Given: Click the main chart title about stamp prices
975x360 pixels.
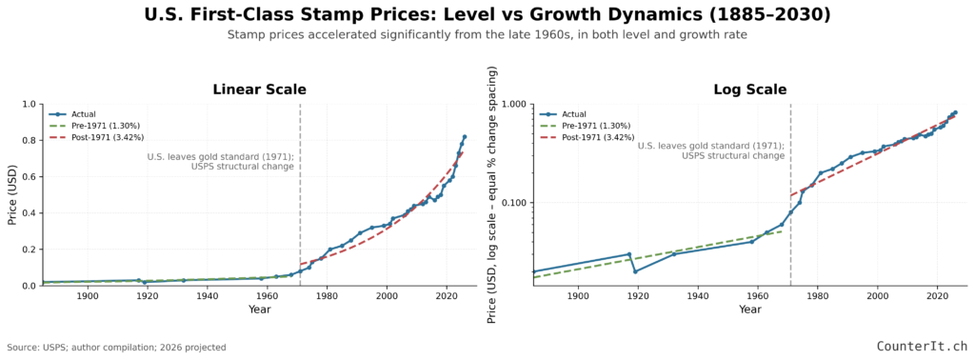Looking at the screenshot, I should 487,15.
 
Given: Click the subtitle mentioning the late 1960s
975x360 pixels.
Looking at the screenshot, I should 487,35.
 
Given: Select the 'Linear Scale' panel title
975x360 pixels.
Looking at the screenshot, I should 259,90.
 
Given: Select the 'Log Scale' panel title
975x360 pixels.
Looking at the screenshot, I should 749,90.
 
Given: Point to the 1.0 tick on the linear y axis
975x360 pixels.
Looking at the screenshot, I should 29,105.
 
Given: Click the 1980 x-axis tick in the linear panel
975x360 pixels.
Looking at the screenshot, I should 327,296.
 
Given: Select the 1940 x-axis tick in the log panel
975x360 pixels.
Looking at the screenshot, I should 698,296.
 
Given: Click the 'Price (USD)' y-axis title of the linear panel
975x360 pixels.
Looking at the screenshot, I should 11,194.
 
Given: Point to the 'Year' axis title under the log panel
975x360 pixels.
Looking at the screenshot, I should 750,310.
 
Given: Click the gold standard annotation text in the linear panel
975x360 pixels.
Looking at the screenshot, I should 220,161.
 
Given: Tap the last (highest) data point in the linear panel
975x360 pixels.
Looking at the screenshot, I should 465,137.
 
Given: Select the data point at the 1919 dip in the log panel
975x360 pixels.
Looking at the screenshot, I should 635,271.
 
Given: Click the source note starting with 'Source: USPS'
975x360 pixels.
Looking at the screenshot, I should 116,348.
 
